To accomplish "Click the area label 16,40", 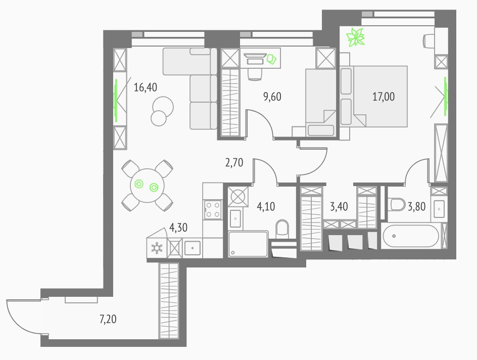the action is click(x=146, y=87).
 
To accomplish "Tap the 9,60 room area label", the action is click(x=272, y=97).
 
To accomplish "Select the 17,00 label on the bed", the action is click(x=384, y=97).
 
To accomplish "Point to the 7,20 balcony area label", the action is click(x=108, y=319).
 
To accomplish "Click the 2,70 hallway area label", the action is click(x=234, y=162).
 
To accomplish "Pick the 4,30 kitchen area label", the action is click(x=178, y=228).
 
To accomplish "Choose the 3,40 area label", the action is click(x=339, y=207).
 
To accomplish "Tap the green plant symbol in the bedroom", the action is click(x=355, y=37).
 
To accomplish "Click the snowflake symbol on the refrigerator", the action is click(x=157, y=248).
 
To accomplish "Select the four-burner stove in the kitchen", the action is click(x=213, y=210).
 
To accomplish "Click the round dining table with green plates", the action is click(x=147, y=186).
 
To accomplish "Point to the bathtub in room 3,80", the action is click(x=411, y=236).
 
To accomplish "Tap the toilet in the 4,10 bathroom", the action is click(x=282, y=229).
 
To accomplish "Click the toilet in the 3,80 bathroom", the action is click(x=396, y=204).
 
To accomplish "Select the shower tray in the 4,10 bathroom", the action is click(x=248, y=244).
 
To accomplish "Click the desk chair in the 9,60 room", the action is click(x=255, y=74).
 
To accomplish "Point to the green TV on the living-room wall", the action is click(x=116, y=100).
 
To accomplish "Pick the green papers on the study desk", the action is click(x=271, y=59).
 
